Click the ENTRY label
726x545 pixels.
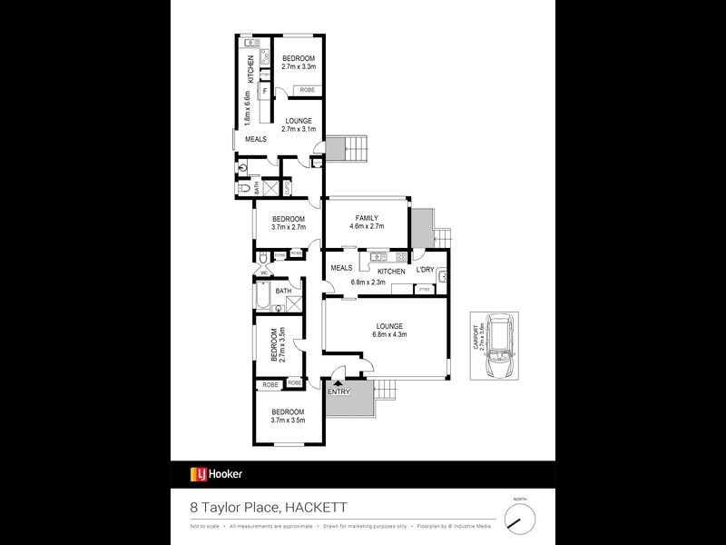click(x=338, y=391)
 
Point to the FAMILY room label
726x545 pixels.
click(x=367, y=218)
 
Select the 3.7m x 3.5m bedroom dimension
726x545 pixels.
click(x=288, y=420)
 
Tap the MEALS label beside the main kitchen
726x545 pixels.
click(x=341, y=268)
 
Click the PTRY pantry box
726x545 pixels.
click(x=424, y=290)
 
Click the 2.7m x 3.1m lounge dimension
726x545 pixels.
click(x=299, y=129)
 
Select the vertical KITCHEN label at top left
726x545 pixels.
click(x=250, y=69)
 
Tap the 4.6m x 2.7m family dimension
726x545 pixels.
click(x=367, y=227)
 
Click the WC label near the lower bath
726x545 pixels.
click(x=264, y=272)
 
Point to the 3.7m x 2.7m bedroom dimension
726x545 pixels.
click(x=288, y=227)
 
